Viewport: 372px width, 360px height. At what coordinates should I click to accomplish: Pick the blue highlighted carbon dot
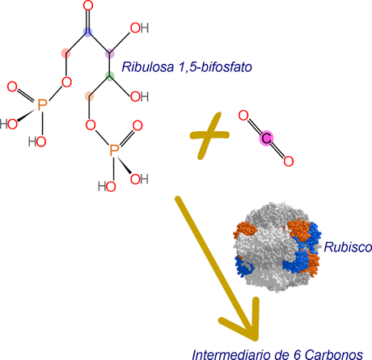pyautogui.click(x=89, y=33)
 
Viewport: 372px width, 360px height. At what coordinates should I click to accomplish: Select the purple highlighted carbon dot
pyautogui.click(x=110, y=53)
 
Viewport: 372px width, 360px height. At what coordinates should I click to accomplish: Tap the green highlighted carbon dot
pyautogui.click(x=110, y=78)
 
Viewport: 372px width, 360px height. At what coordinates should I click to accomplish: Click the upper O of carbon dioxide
pyautogui.click(x=245, y=118)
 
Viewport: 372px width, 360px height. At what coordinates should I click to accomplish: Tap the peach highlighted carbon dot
pyautogui.click(x=90, y=98)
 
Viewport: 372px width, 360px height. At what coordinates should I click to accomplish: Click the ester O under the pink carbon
pyautogui.click(x=66, y=82)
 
